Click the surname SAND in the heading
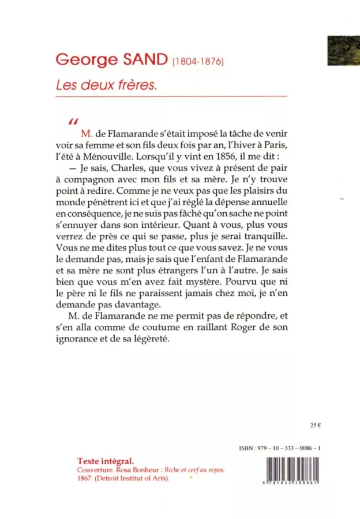point(141,58)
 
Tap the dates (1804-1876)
point(198,61)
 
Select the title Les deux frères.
point(106,84)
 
